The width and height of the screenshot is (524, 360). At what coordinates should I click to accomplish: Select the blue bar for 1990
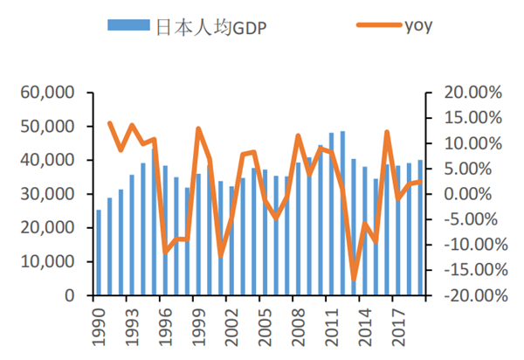pos(99,253)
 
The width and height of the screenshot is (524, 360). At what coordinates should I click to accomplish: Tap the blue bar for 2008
pos(298,229)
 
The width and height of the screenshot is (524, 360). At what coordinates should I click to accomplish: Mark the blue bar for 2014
pos(364,231)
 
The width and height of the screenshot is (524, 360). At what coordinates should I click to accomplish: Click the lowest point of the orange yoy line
pos(354,280)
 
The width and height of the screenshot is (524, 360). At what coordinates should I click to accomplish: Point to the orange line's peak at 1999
pos(198,128)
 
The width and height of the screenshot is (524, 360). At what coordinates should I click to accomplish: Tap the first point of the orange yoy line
pos(110,123)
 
